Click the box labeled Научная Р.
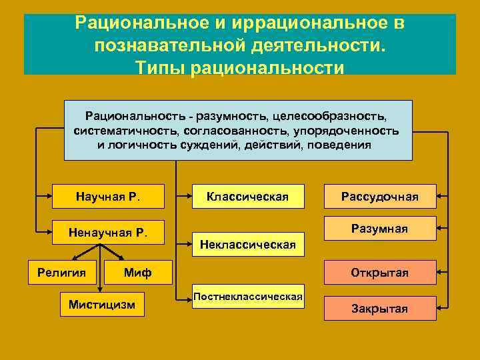click(108, 196)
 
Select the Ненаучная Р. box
click(108, 233)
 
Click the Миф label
click(138, 272)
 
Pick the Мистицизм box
click(101, 305)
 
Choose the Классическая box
click(247, 196)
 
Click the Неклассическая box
click(247, 244)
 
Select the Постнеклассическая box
click(247, 296)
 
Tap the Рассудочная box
click(380, 196)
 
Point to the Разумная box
click(380, 229)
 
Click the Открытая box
click(380, 273)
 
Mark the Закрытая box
click(380, 309)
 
